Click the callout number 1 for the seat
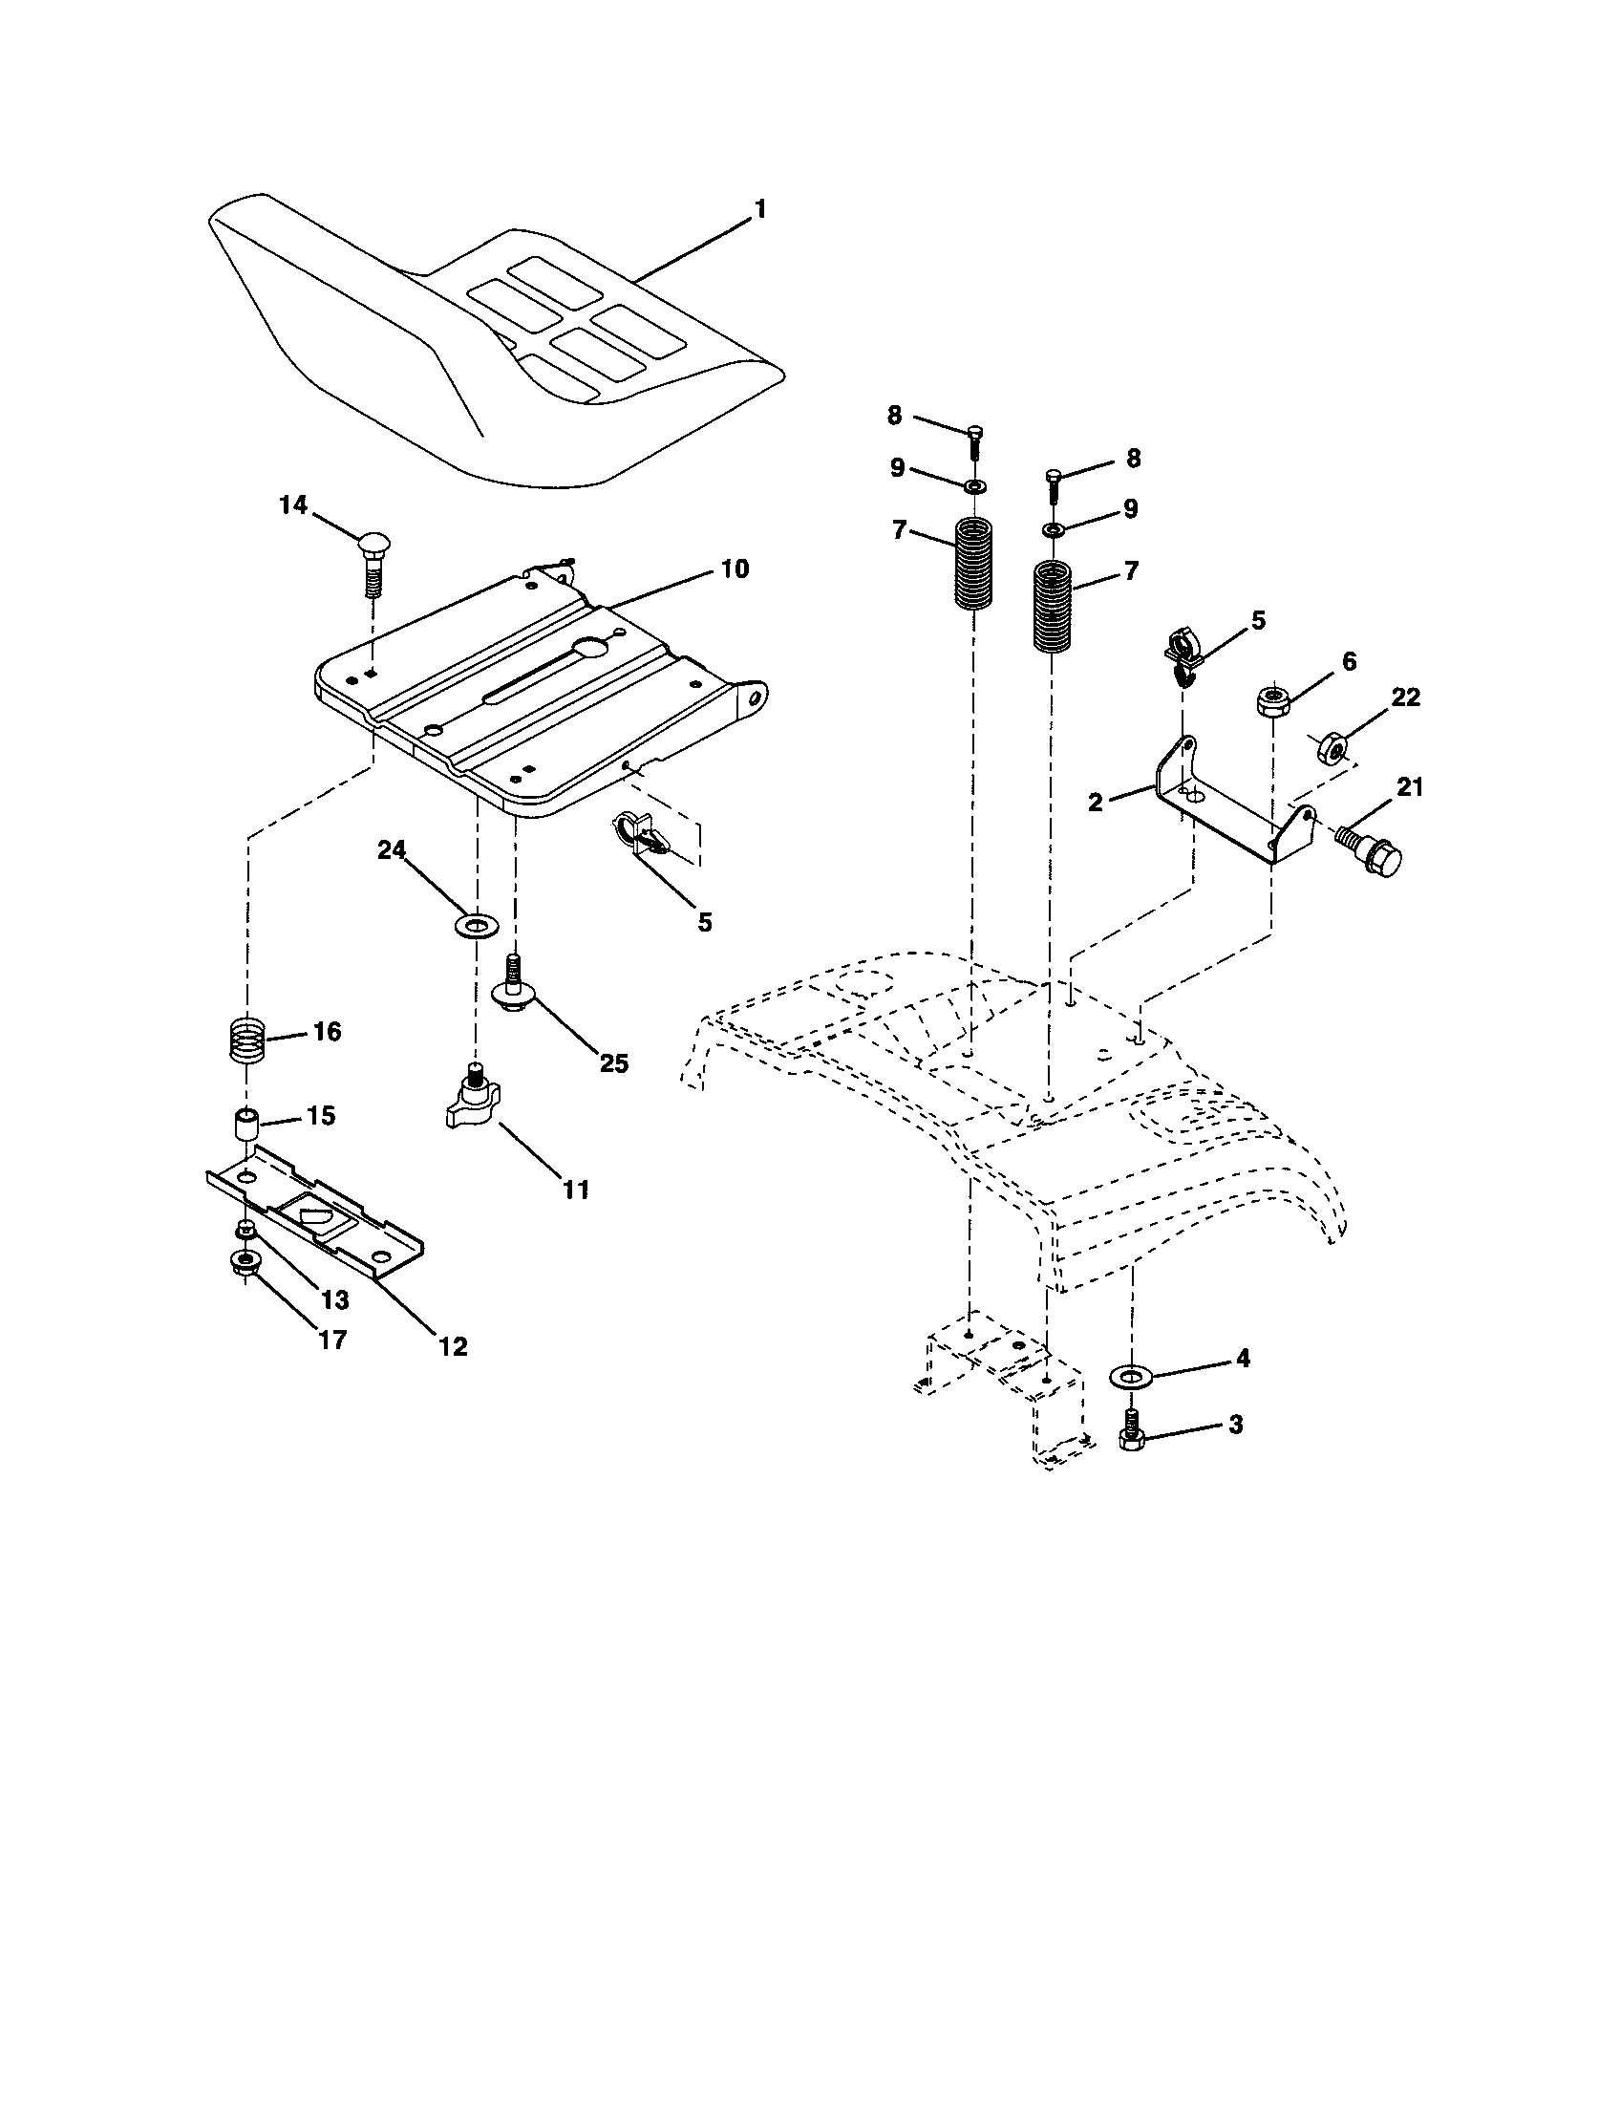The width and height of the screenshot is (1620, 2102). (760, 209)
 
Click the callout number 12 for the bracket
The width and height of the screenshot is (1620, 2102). (452, 1346)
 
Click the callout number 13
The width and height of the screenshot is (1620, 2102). (333, 1299)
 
